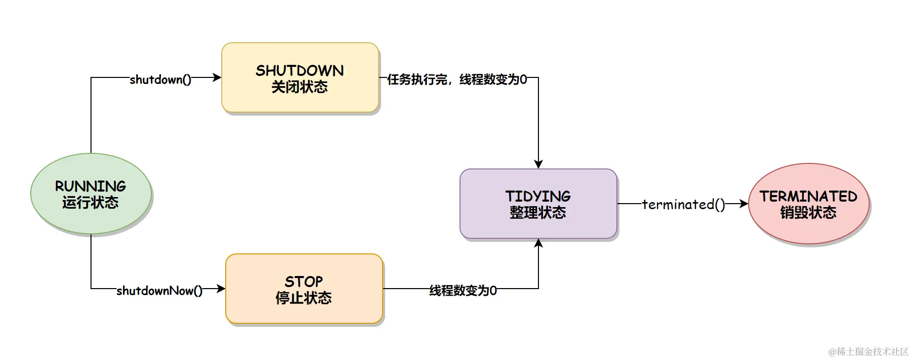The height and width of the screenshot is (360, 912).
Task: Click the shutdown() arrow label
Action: point(160,79)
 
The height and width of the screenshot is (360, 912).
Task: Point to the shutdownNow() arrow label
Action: point(159,291)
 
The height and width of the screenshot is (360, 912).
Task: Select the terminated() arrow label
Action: point(683,205)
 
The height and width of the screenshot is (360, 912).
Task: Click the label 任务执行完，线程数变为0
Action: point(457,79)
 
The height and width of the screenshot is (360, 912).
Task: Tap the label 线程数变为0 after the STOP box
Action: point(463,291)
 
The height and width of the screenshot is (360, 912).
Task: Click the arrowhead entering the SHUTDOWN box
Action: point(217,77)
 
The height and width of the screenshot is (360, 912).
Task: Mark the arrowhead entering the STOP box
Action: point(221,289)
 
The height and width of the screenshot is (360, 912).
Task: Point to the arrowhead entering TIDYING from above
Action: point(538,164)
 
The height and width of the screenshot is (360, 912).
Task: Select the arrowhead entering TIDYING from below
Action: point(538,243)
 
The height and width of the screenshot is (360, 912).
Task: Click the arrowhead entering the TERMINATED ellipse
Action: point(744,204)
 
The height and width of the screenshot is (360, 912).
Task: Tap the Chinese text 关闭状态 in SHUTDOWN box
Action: point(300,87)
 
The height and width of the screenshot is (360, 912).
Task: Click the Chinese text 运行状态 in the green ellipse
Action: point(90,203)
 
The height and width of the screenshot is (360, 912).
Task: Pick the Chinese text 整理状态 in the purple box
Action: point(538,213)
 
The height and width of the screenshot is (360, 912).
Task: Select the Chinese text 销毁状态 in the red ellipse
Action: point(808,213)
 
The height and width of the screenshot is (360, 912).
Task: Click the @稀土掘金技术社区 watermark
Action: point(868,351)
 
